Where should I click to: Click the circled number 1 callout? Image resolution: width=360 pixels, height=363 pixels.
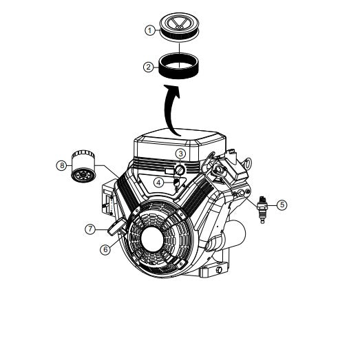149,30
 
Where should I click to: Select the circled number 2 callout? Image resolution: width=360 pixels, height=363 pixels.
148,67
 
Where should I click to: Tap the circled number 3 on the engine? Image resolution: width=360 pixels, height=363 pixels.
180,153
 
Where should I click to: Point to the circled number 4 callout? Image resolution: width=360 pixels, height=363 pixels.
158,183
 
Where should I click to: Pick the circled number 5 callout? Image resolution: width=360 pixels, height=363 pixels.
280,204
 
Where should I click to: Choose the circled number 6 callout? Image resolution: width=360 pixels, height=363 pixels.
105,249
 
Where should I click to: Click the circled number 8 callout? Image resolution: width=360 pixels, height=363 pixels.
61,165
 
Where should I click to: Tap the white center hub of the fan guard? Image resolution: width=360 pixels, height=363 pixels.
158,242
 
